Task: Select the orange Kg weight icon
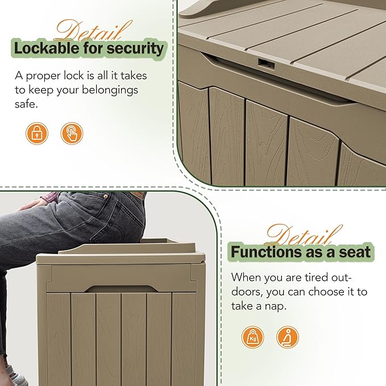252,337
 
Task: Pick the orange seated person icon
288,337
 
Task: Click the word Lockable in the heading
47,48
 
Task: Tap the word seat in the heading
356,251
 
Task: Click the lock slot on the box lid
265,62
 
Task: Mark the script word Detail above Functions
296,234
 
